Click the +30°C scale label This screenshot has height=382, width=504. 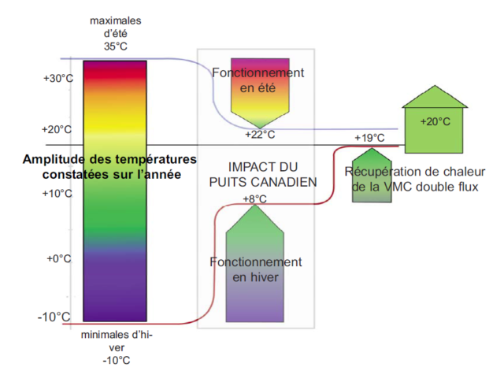pyautogui.click(x=57, y=79)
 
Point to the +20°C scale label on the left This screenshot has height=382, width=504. pyautogui.click(x=57, y=129)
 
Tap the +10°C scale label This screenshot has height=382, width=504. pyautogui.click(x=57, y=194)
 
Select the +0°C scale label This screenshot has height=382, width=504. pyautogui.click(x=59, y=258)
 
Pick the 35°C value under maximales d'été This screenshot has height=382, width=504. pyautogui.click(x=115, y=46)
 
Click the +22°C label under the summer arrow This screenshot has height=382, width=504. pyautogui.click(x=260, y=135)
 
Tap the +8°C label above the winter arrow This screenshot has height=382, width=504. pyautogui.click(x=254, y=198)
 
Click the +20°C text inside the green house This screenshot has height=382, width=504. pyautogui.click(x=435, y=121)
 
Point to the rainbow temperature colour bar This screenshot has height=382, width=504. pyautogui.click(x=115, y=189)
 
